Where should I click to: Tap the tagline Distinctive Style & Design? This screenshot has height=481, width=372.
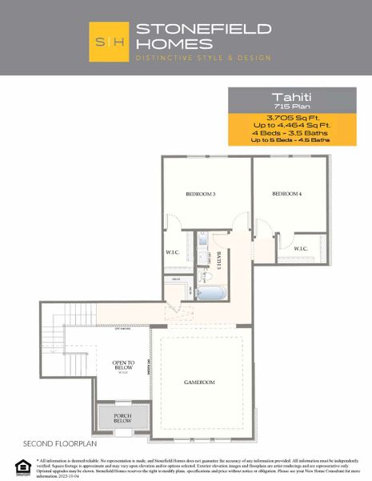[x=203, y=58]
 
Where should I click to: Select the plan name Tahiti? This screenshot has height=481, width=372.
[x=290, y=95]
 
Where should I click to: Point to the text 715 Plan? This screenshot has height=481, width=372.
[x=290, y=105]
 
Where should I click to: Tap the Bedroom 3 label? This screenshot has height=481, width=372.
[x=200, y=195]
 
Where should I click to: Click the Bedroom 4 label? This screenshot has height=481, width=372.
[x=286, y=194]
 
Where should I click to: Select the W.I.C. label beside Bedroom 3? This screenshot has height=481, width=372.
[x=172, y=251]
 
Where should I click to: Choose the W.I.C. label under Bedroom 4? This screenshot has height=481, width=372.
[x=301, y=249]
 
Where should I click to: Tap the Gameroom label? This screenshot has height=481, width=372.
[x=198, y=382]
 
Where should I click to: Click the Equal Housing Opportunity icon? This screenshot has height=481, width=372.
[x=21, y=463]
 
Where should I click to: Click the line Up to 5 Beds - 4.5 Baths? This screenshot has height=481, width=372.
[x=290, y=139]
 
